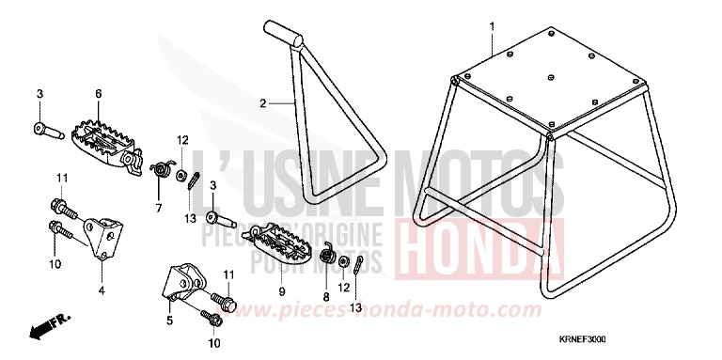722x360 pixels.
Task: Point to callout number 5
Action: [x=170, y=320]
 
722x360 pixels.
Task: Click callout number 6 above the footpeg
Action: [x=98, y=94]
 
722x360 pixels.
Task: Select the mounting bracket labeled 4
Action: [x=103, y=231]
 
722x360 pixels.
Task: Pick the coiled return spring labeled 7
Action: [x=162, y=169]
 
